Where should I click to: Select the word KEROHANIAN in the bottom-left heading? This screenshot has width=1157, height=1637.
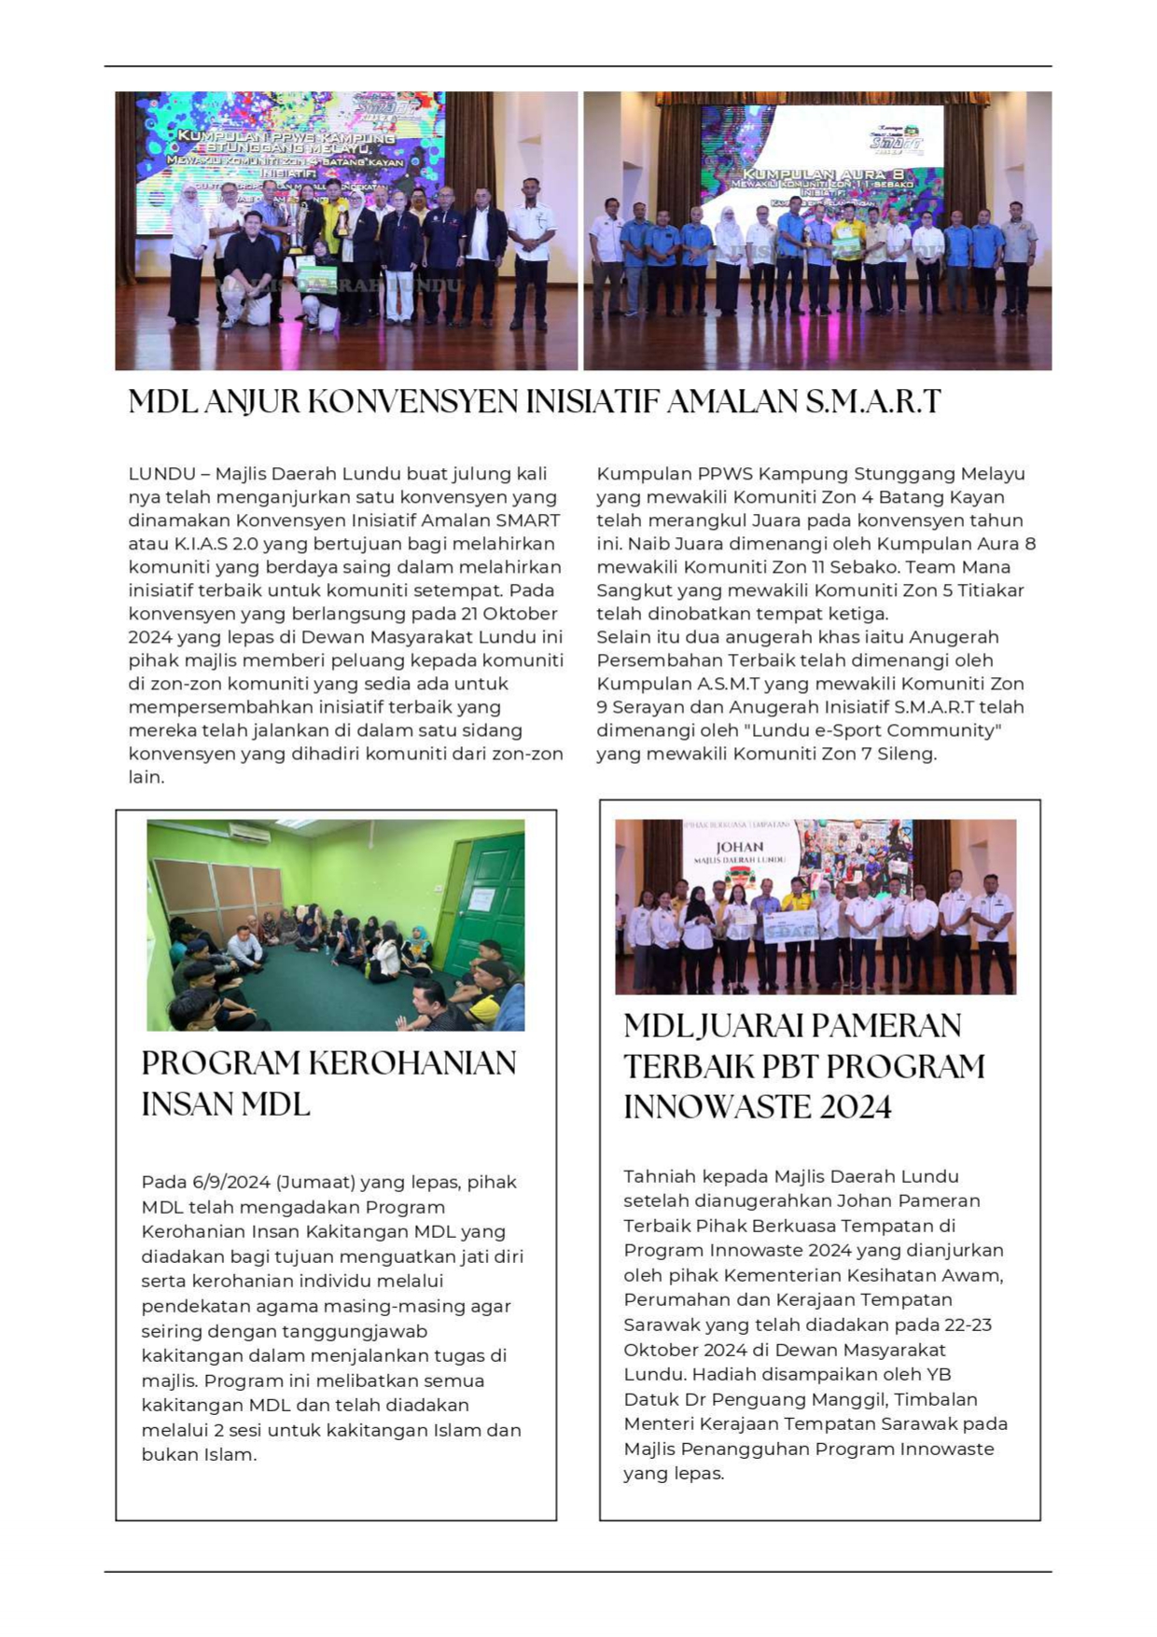tap(412, 1063)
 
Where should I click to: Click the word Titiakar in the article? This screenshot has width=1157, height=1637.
tap(989, 590)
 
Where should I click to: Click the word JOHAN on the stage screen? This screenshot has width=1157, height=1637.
tap(740, 847)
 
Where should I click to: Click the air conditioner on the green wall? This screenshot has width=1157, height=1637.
tap(249, 833)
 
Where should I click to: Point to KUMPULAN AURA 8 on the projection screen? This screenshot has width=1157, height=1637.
tap(821, 174)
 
